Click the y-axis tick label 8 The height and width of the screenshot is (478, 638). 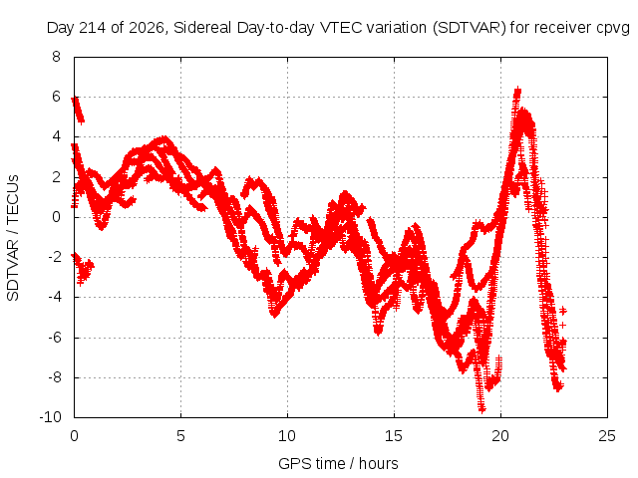[56, 57]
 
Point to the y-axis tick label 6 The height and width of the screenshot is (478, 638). [56, 97]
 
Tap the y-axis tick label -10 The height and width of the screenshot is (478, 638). [50, 417]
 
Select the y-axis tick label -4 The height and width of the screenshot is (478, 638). [53, 297]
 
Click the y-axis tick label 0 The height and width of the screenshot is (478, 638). [56, 217]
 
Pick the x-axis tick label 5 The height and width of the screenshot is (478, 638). [180, 436]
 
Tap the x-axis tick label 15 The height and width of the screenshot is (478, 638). [394, 436]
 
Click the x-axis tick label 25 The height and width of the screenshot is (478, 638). [607, 436]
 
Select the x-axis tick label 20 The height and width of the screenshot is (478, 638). [500, 436]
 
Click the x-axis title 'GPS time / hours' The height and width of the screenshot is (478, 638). [338, 463]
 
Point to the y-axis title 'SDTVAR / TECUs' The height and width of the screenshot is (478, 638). [13, 238]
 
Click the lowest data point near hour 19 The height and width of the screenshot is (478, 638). [481, 409]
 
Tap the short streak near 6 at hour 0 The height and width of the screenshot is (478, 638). [78, 110]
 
